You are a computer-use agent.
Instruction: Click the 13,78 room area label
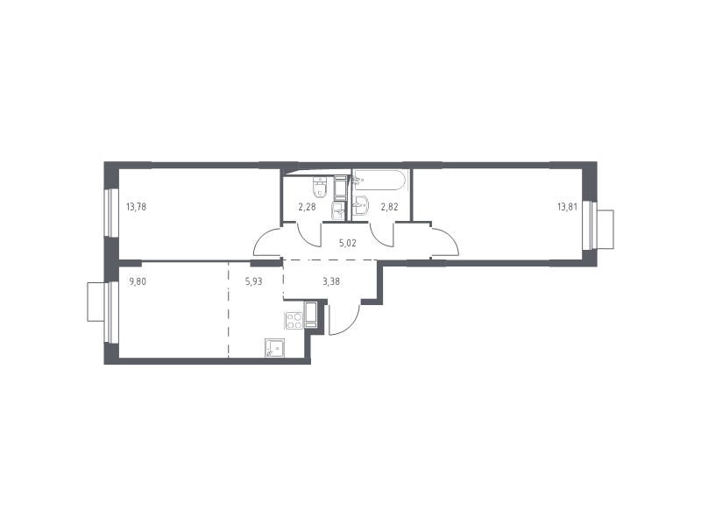136,208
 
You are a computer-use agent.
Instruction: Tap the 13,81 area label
568,208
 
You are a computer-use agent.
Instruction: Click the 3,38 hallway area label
332,281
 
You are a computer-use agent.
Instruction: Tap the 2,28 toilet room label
307,208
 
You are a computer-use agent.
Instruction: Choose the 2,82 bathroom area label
388,208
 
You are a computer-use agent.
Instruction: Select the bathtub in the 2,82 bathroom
379,181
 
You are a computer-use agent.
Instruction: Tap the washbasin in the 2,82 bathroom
360,207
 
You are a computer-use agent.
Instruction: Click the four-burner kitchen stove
293,321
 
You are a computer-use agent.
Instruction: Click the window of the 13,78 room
110,213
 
